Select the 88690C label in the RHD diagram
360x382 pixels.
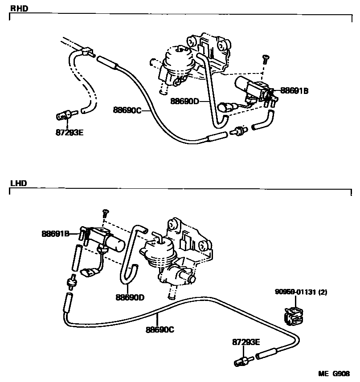pos(127,110)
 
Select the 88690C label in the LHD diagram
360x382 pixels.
pos(160,330)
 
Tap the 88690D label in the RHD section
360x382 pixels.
pos(184,102)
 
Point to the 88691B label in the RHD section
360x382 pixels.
pos(294,91)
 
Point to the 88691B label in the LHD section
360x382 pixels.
pos(56,233)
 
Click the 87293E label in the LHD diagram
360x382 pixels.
pos(245,342)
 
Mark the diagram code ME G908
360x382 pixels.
pos(334,374)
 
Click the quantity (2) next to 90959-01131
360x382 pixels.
pos(323,293)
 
